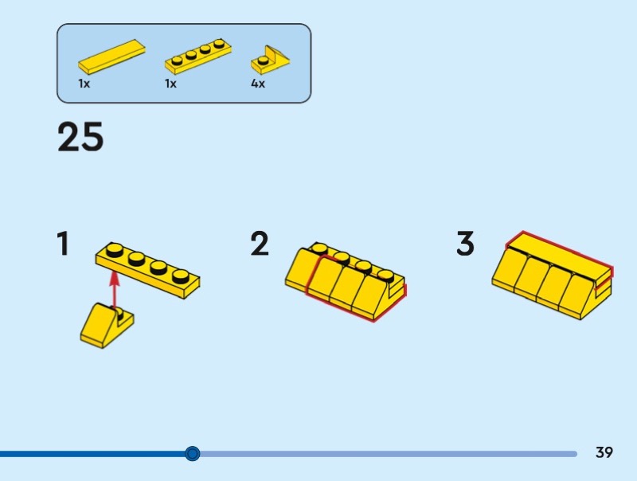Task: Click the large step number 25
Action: click(80, 137)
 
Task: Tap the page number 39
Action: click(604, 452)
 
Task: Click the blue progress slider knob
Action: click(192, 453)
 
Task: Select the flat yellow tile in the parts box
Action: click(111, 57)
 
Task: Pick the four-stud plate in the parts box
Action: click(198, 56)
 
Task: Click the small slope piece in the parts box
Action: click(270, 61)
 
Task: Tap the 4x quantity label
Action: click(258, 84)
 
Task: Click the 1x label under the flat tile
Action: click(84, 84)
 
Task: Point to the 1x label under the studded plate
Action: click(170, 84)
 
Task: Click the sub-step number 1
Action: click(63, 244)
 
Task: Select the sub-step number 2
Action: click(260, 244)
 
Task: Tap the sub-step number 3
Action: click(465, 244)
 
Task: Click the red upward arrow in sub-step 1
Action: click(115, 290)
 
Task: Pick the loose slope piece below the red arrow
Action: click(107, 326)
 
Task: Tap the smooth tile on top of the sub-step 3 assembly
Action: click(560, 256)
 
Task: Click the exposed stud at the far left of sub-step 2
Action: click(320, 248)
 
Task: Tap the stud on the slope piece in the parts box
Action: click(264, 61)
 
